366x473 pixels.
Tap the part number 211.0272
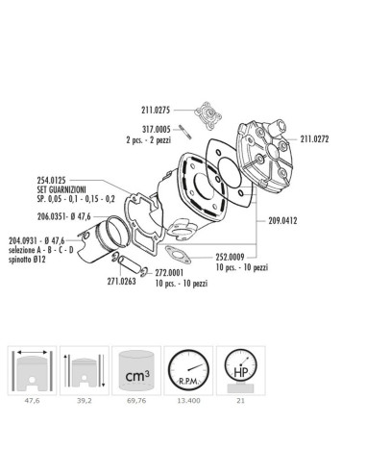(x=319, y=138)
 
